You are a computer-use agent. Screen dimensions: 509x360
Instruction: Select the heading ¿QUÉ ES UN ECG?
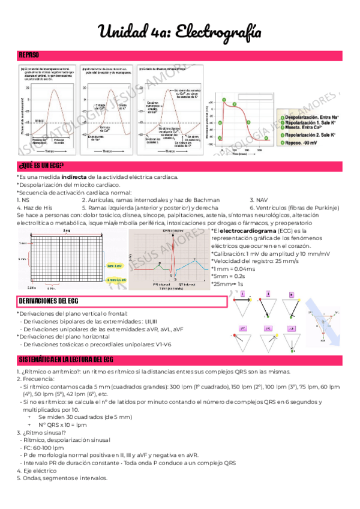(42, 166)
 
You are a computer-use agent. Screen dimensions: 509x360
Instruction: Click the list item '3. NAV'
(259, 200)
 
